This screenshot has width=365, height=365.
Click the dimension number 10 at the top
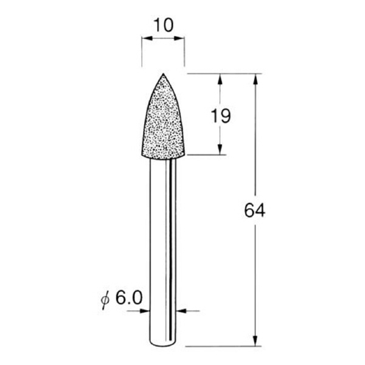163,25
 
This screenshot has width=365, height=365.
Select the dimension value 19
221,116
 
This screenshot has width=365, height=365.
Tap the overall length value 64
255,210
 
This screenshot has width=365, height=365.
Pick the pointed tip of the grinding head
163,74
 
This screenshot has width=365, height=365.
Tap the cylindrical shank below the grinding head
163,243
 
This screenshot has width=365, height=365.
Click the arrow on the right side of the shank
186,311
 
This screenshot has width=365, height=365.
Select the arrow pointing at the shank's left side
144,311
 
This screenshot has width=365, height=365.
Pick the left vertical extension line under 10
142,52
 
